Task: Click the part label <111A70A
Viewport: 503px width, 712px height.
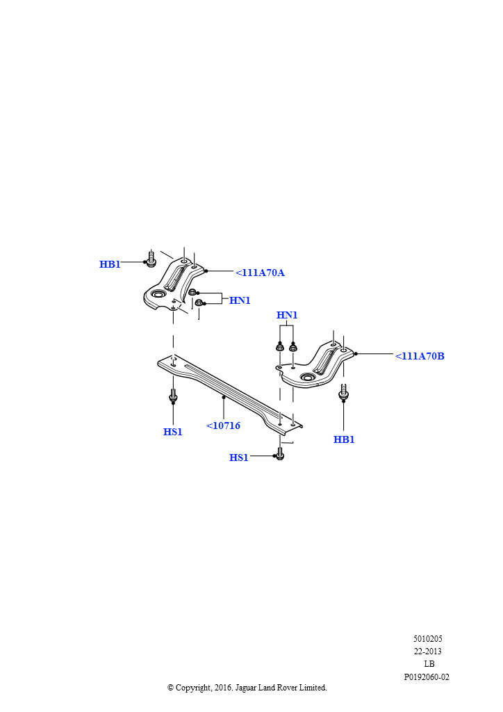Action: (x=260, y=273)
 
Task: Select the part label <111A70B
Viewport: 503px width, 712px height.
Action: (x=420, y=356)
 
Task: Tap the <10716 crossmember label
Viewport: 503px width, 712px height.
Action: (x=223, y=426)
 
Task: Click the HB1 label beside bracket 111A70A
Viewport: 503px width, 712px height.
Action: (x=110, y=264)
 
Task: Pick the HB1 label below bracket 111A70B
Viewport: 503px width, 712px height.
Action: (x=344, y=439)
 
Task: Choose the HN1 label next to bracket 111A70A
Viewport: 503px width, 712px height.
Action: (x=240, y=300)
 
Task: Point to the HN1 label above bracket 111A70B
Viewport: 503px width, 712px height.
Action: (x=287, y=315)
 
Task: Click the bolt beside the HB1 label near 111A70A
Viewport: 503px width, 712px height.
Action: (x=151, y=259)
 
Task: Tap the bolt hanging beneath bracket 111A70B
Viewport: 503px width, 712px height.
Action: (x=343, y=392)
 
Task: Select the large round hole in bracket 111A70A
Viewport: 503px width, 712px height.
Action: (x=158, y=295)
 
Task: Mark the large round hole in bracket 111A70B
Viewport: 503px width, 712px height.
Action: (x=308, y=378)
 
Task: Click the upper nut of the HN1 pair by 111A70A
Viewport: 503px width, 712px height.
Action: (x=192, y=292)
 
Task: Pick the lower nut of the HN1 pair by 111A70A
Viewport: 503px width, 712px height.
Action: (x=199, y=302)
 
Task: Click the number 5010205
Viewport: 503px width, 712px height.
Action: (x=428, y=639)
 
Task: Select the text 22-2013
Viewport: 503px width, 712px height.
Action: (x=428, y=652)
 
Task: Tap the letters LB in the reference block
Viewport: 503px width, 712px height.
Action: (x=429, y=664)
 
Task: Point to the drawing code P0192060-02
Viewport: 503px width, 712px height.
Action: (x=427, y=677)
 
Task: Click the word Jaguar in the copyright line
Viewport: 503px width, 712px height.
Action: (x=245, y=688)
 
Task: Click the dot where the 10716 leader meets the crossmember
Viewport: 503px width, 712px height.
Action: (x=224, y=397)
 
